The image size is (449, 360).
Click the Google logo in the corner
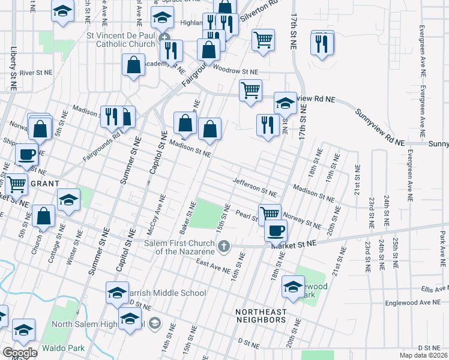tap(20, 353)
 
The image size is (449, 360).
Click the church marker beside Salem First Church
tap(224, 245)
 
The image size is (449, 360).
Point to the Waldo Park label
tap(62, 348)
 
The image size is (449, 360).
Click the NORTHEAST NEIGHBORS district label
tap(260, 320)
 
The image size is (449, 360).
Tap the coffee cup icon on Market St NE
tap(276, 230)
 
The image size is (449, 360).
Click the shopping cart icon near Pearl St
tap(270, 213)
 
